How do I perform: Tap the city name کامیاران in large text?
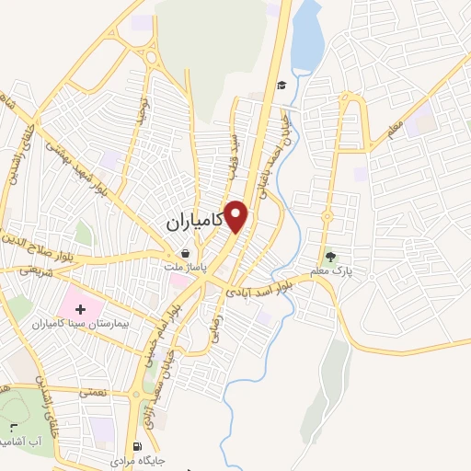click(197, 222)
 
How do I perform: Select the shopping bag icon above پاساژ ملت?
click(186, 254)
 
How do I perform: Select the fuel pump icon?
click(139, 442)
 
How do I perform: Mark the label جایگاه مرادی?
click(137, 456)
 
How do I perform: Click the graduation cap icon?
click(281, 85)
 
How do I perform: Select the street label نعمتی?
click(92, 391)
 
